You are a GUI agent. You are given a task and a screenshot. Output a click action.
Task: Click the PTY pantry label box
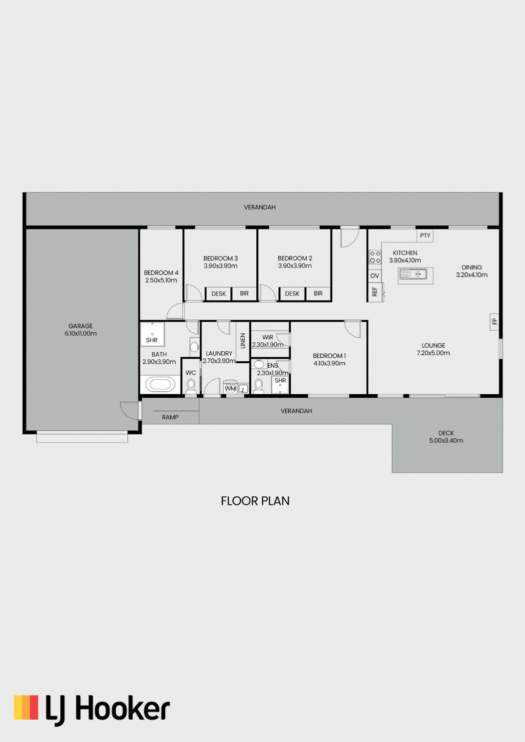coord(425,236)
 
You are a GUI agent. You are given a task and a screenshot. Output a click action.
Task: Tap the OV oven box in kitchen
coord(375,275)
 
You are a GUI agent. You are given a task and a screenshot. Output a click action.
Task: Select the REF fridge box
coord(375,292)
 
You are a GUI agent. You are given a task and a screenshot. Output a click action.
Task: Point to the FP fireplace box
coord(495,321)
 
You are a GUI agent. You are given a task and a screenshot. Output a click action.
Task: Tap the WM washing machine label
coord(230,388)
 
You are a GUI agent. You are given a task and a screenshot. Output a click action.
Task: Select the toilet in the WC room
coord(191,386)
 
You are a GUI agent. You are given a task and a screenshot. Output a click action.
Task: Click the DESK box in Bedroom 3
coord(219,293)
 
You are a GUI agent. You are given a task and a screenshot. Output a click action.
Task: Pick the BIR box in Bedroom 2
coord(318,293)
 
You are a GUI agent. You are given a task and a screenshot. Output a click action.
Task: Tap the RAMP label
coord(170,417)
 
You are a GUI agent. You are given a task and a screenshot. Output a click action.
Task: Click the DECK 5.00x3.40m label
coord(446,437)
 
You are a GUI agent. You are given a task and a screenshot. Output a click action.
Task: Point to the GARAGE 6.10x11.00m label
coord(80,330)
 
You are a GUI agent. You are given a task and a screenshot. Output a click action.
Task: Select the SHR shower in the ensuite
coord(280,385)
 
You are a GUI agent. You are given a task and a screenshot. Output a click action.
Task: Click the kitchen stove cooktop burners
coord(375,257)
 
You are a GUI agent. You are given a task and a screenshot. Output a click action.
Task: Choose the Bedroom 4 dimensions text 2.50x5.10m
coord(161,280)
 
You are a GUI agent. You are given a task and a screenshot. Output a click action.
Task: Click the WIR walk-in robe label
coord(268,337)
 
